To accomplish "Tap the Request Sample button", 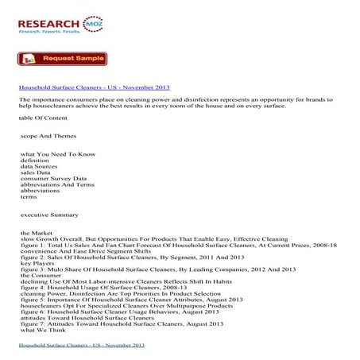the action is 63,58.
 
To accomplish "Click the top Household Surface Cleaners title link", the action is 95,87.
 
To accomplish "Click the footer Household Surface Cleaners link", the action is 81,346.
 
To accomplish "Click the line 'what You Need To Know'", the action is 58,153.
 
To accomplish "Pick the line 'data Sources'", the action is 42,166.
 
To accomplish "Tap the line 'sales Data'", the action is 37,172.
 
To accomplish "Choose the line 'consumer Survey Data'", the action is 54,179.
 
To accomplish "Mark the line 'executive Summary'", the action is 49,215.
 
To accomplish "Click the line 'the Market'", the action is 37,232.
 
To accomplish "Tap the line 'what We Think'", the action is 43,329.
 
